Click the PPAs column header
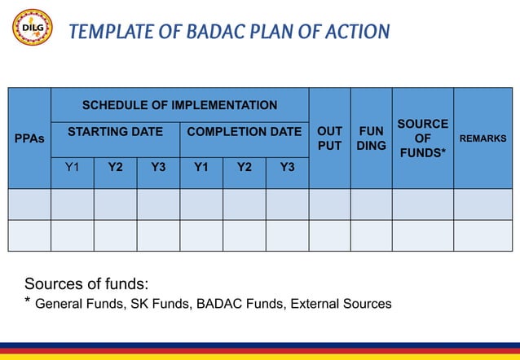tap(29, 138)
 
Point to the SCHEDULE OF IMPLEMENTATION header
tap(179, 105)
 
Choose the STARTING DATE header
tap(115, 131)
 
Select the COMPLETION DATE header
tap(244, 131)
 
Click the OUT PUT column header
tap(329, 138)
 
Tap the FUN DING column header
tap(371, 138)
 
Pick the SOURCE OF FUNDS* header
tap(422, 138)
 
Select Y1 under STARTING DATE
tap(73, 168)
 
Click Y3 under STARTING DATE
tap(158, 168)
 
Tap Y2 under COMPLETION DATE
tap(244, 168)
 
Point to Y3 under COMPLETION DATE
tap(287, 168)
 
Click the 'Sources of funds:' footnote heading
tap(86, 284)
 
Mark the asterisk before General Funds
tap(29, 302)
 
